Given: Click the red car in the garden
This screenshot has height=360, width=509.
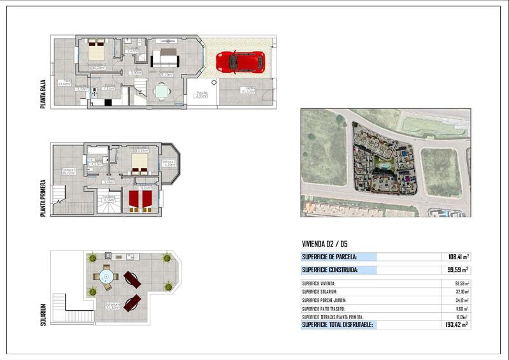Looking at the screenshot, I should pyautogui.click(x=240, y=62).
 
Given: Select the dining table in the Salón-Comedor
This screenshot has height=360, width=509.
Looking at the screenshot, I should pyautogui.click(x=162, y=92).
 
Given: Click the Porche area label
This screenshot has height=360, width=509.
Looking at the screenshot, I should pyautogui.click(x=202, y=94).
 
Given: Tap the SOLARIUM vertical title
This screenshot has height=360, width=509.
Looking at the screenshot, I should pyautogui.click(x=43, y=313).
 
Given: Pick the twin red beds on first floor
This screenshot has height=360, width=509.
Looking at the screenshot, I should pyautogui.click(x=140, y=201).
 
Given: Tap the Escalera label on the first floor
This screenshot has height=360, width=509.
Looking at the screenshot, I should pyautogui.click(x=109, y=198).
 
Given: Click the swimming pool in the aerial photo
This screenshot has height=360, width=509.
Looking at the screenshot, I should pyautogui.click(x=384, y=165).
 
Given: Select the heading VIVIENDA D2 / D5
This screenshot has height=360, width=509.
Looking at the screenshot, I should pyautogui.click(x=324, y=243).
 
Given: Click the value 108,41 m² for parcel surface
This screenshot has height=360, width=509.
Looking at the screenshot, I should pyautogui.click(x=459, y=257).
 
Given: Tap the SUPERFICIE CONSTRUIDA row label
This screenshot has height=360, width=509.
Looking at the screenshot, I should pyautogui.click(x=329, y=270).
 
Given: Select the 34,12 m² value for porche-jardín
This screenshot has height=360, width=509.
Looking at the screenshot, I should pyautogui.click(x=459, y=300).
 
